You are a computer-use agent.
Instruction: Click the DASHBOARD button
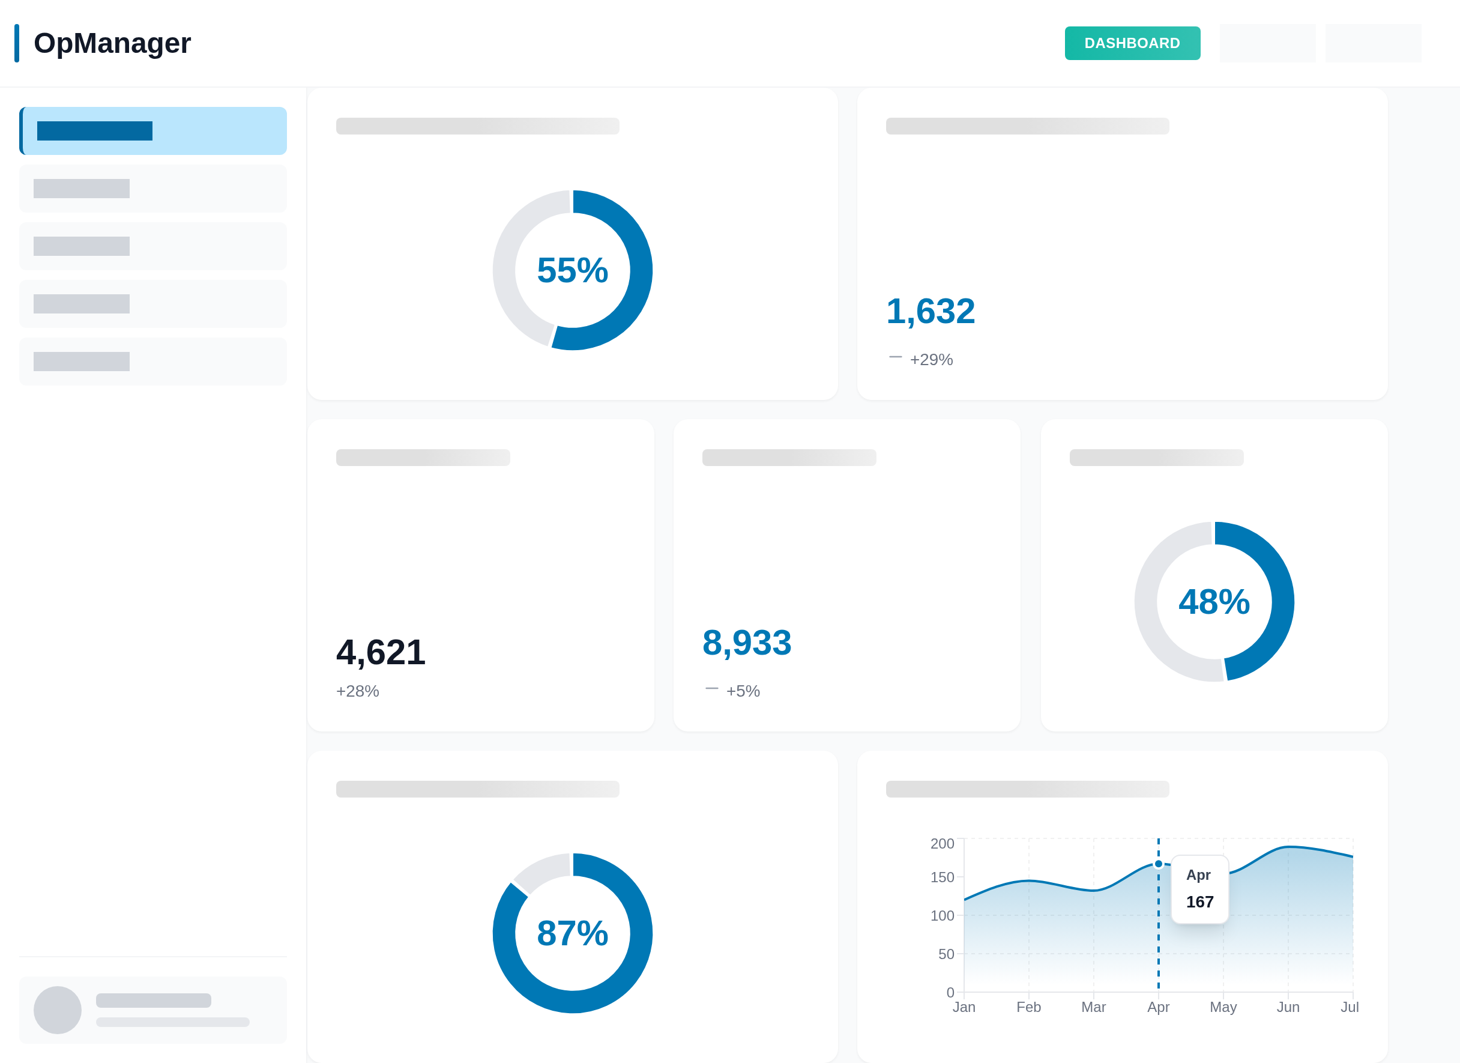tap(1132, 43)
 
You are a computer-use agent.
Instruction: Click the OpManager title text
tap(112, 43)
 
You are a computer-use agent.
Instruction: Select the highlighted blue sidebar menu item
tap(153, 131)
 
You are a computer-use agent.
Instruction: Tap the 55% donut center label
tap(572, 270)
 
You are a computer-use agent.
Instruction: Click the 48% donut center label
tap(1213, 602)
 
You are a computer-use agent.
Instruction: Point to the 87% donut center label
tap(572, 934)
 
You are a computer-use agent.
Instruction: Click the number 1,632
tap(930, 312)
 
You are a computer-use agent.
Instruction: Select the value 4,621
tap(381, 652)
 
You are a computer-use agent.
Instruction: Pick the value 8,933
tap(747, 643)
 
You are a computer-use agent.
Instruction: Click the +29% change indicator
tap(931, 359)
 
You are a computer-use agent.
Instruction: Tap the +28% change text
tap(357, 691)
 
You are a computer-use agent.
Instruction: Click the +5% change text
tap(743, 691)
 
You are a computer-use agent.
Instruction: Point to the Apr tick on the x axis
tap(1158, 1007)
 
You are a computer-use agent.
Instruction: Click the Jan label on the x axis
tap(964, 1007)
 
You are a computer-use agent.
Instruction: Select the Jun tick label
tap(1288, 1007)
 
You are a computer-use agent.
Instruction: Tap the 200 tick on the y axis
tap(942, 843)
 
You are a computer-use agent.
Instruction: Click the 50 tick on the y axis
tap(946, 954)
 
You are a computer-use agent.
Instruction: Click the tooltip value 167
tap(1200, 902)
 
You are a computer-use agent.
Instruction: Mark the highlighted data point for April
tap(1159, 864)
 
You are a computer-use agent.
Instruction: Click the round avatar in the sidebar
tap(57, 1010)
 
